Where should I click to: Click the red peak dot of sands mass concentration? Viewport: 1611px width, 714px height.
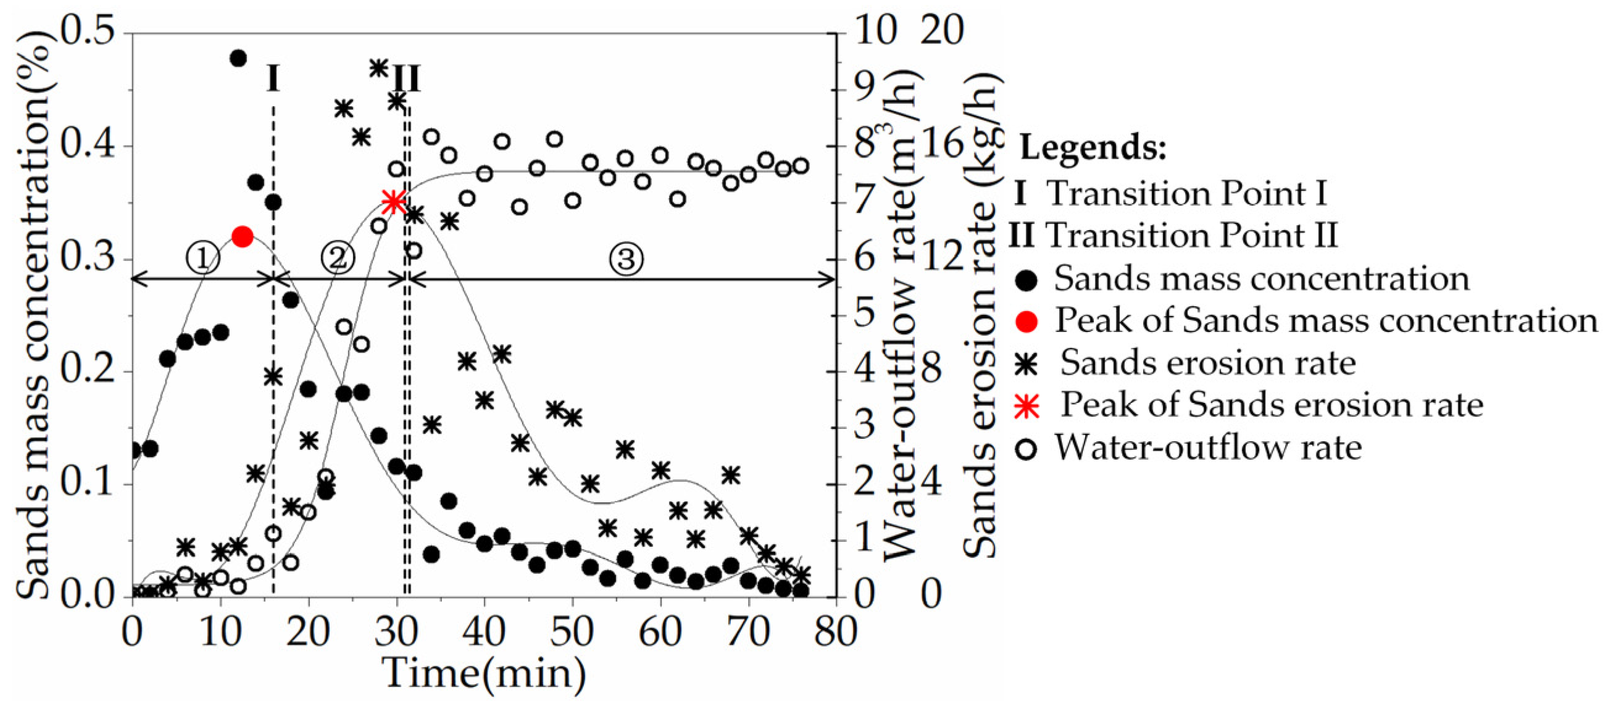pyautogui.click(x=242, y=237)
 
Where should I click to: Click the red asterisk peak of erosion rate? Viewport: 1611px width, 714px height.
pyautogui.click(x=393, y=201)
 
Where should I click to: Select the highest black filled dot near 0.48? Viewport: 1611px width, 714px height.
pyautogui.click(x=238, y=58)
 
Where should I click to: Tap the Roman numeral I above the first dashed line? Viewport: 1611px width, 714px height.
pyautogui.click(x=273, y=79)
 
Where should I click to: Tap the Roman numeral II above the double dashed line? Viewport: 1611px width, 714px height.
pyautogui.click(x=407, y=79)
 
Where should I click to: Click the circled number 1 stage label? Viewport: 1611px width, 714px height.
pyautogui.click(x=202, y=258)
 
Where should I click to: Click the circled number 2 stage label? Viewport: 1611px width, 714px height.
pyautogui.click(x=338, y=257)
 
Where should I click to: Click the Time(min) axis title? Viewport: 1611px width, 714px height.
pyautogui.click(x=484, y=674)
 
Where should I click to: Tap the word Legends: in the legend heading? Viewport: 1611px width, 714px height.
pyautogui.click(x=1093, y=148)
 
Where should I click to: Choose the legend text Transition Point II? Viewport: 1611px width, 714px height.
pyautogui.click(x=1191, y=236)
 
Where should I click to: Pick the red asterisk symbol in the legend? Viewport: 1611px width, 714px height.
pyautogui.click(x=1026, y=406)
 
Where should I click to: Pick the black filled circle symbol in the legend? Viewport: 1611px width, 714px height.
pyautogui.click(x=1026, y=280)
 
